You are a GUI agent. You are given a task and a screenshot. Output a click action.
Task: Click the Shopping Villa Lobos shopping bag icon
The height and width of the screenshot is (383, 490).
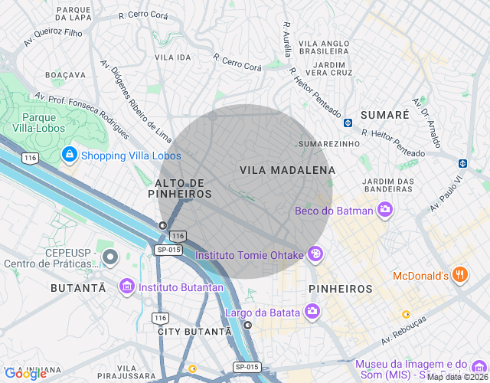point(70,155)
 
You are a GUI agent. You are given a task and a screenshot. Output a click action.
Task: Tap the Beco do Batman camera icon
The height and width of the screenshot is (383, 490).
point(384,208)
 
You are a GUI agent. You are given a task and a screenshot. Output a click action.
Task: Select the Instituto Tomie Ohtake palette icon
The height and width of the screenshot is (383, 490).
point(315,254)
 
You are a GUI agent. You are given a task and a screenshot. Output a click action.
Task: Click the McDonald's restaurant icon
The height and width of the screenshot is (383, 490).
point(459,274)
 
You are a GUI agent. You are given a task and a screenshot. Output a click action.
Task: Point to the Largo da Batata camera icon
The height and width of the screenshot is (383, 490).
point(312,311)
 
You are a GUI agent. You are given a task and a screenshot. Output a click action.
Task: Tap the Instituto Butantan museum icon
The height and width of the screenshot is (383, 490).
point(126,286)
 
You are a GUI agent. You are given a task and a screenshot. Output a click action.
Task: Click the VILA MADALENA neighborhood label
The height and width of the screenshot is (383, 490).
point(287,170)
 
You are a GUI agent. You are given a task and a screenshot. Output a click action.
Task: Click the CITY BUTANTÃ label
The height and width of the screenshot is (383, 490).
point(194,332)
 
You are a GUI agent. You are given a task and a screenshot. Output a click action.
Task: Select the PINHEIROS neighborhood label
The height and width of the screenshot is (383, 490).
point(340,289)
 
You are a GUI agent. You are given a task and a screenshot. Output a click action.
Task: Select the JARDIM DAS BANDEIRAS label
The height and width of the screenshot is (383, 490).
point(389,185)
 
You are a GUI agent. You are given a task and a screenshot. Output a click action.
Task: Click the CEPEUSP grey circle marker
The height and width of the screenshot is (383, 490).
point(109,257)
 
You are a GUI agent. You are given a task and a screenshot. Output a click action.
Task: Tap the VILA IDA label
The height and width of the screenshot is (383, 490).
point(172,57)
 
